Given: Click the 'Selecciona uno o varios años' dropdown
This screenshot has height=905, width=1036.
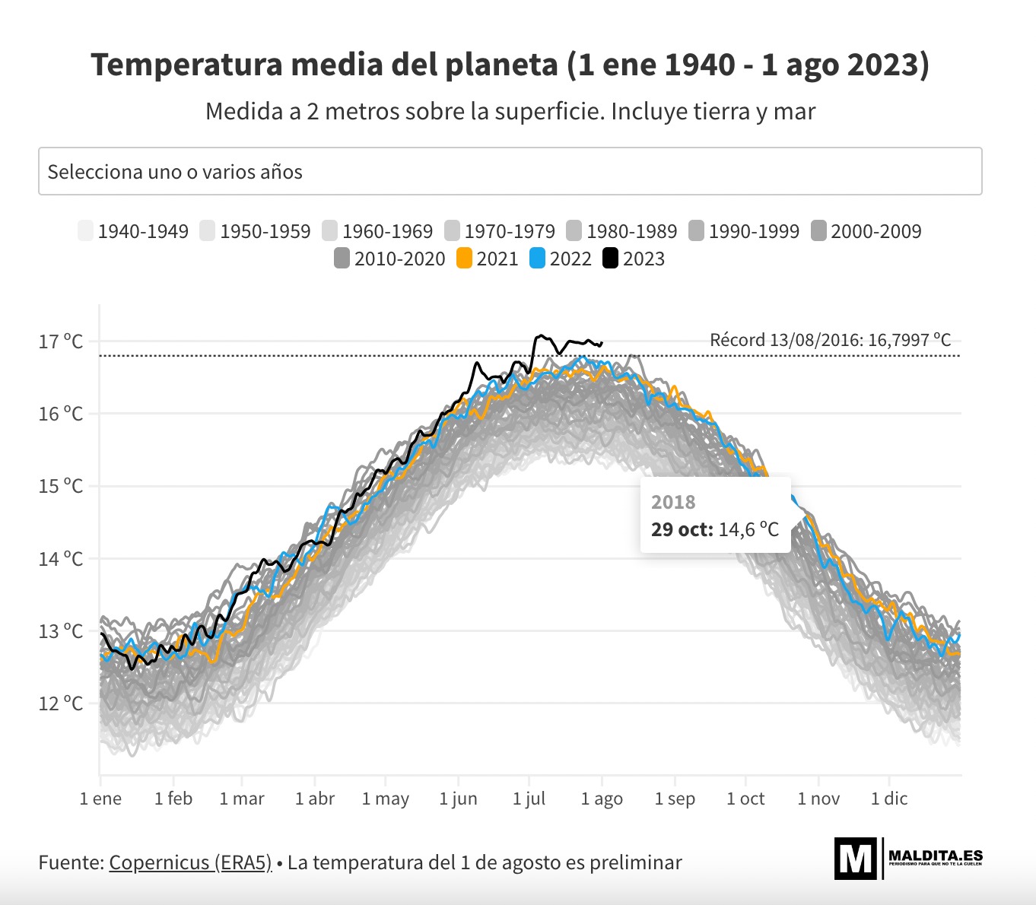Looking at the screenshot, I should (x=510, y=171).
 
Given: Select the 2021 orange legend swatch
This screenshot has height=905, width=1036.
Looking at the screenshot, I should (x=464, y=259).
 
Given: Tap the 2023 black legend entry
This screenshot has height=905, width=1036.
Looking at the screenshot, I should (x=634, y=259).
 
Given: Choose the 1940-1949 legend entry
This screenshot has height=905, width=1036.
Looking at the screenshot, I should (x=133, y=231).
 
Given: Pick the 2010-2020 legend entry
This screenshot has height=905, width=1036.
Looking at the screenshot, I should (x=389, y=259).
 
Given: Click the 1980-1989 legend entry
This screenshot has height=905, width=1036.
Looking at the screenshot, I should (x=621, y=231).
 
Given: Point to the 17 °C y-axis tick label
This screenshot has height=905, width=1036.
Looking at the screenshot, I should (x=61, y=341).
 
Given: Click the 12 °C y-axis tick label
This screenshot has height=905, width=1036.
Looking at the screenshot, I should (x=61, y=703).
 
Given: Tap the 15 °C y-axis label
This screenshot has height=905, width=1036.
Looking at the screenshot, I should (x=61, y=486).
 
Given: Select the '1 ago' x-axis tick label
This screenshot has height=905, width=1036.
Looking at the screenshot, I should (x=602, y=799).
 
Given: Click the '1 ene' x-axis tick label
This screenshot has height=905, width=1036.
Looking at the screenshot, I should (x=100, y=799).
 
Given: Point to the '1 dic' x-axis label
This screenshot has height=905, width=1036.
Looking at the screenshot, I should (x=889, y=799).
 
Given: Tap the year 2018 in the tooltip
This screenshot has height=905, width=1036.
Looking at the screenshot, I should (x=673, y=502).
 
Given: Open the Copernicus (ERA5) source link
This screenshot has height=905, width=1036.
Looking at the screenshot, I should (x=190, y=862).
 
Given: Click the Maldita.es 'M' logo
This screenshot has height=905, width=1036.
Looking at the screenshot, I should (x=856, y=859).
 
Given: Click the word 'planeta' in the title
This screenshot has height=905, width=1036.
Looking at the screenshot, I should (x=501, y=65).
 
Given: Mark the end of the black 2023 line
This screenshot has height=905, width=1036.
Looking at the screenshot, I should (x=602, y=343).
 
